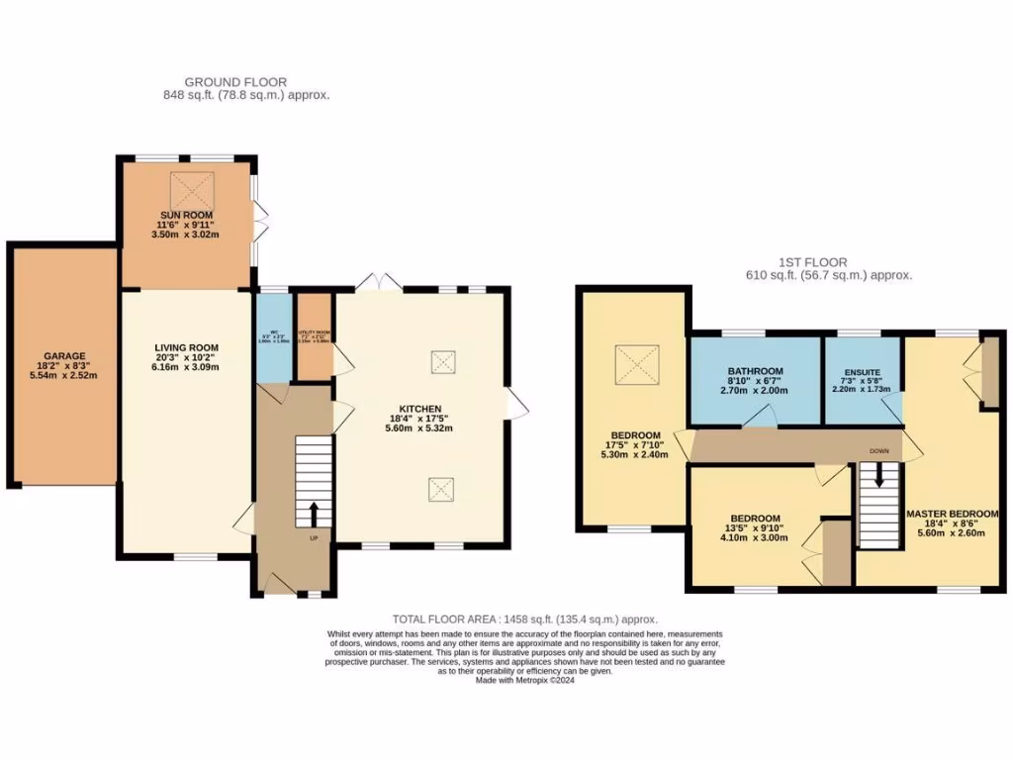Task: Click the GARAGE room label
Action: coord(64,355)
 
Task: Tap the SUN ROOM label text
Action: coord(186,215)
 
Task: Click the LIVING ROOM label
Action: coord(186,347)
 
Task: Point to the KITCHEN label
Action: coord(421,409)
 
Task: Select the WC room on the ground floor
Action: coord(274,336)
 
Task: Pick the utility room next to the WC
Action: coord(316,336)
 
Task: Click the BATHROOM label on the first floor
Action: coord(756,371)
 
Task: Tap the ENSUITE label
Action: coord(862,372)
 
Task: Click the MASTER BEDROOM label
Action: coord(952,514)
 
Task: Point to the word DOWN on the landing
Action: coord(879,450)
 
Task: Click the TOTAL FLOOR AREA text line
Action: coord(524,617)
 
